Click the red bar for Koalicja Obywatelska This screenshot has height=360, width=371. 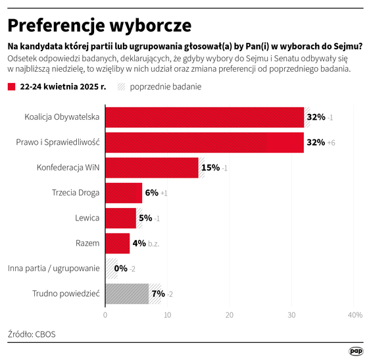click(204, 117)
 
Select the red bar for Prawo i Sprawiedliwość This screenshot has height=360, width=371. click(204, 142)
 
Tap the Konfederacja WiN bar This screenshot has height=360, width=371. click(151, 167)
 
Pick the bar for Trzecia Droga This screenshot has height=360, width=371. click(124, 193)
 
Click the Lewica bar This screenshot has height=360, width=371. click(120, 218)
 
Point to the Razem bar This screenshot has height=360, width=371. click(118, 243)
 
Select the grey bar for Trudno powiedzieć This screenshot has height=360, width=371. click(127, 294)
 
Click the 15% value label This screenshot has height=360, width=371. click(210, 168)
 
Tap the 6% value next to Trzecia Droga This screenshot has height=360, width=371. click(151, 193)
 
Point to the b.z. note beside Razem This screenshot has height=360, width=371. click(153, 244)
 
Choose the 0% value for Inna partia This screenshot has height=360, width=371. click(120, 269)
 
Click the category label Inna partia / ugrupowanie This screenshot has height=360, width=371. click(53, 268)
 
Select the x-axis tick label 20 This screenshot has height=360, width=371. click(230, 315)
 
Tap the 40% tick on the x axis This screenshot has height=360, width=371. click(355, 315)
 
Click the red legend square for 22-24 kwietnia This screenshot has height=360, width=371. click(11, 87)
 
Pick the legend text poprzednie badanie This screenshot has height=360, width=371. click(166, 87)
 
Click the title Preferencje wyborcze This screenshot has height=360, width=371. click(99, 25)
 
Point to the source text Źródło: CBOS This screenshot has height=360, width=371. click(32, 334)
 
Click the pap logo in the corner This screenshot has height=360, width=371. click(356, 351)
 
